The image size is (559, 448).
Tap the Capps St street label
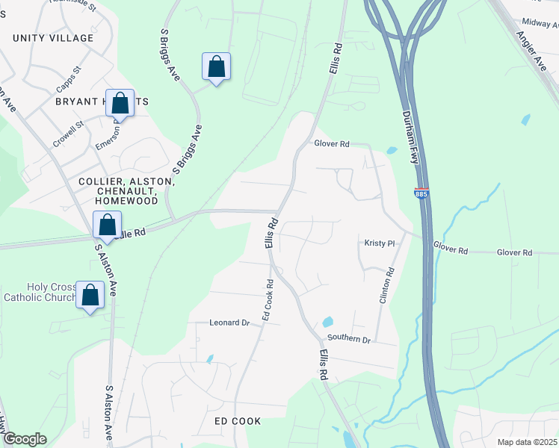tap(71, 75)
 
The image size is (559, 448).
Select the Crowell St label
tap(67, 135)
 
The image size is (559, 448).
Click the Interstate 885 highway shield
tap(421, 193)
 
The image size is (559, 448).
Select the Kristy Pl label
tap(379, 243)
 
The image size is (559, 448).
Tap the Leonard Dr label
tap(229, 323)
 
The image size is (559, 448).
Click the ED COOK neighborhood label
tap(238, 421)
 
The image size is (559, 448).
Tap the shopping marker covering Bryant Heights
tap(120, 103)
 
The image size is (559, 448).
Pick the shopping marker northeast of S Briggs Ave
tap(216, 66)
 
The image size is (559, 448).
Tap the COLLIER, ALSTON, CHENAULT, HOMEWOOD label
tap(121, 191)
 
